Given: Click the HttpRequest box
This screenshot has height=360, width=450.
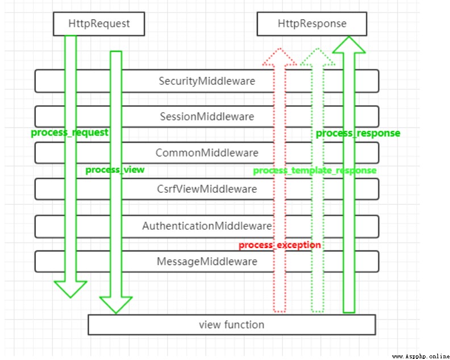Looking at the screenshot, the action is [x=99, y=23].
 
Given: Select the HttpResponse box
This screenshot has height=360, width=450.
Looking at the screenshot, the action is [x=312, y=23].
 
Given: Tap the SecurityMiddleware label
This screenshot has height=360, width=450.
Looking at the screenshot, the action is [x=207, y=81].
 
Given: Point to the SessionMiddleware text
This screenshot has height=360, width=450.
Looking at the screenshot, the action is [x=207, y=117].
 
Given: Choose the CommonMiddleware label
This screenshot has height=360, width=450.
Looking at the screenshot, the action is [x=207, y=152].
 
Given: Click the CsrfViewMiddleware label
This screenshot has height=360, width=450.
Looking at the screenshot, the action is [x=207, y=189].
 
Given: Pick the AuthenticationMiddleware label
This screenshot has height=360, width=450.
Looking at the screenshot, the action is [x=207, y=226].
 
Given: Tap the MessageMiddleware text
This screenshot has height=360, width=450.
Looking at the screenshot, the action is [x=207, y=262].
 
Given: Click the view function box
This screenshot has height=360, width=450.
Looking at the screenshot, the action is [x=232, y=325].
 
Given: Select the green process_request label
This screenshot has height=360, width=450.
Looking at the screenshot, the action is [x=69, y=133].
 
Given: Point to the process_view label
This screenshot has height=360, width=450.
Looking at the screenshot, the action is [x=115, y=169].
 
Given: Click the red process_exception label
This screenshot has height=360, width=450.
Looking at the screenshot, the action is [x=280, y=245].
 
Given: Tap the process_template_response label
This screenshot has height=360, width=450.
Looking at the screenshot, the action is [x=315, y=171].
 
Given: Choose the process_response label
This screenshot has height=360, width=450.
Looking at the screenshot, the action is [x=358, y=133].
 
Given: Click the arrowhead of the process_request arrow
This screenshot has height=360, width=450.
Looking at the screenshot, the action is [x=70, y=289].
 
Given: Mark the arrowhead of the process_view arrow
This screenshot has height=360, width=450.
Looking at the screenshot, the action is [x=116, y=304].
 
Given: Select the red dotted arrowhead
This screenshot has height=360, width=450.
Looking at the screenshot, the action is [x=279, y=56].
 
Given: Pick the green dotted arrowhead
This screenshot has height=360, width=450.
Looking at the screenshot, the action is [x=318, y=56].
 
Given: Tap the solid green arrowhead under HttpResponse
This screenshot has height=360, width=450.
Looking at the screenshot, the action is [x=349, y=45].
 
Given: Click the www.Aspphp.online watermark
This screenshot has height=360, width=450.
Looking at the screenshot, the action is [x=420, y=356].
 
